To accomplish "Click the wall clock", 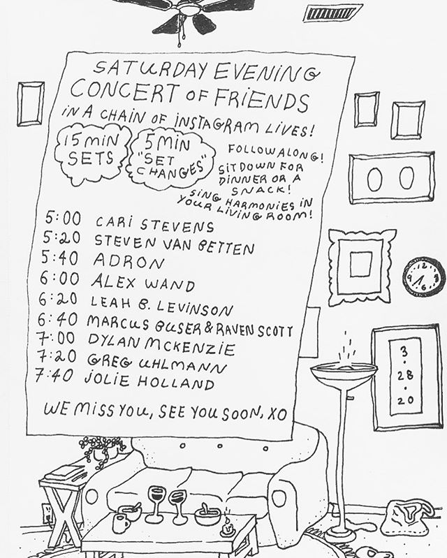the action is pyautogui.click(x=424, y=276).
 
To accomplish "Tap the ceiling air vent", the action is pyautogui.click(x=332, y=13).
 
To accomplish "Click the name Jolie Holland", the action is pyautogui.click(x=149, y=381).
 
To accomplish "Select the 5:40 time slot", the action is pyautogui.click(x=59, y=258).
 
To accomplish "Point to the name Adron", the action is pyautogui.click(x=129, y=263).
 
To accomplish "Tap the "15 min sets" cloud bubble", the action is pyautogui.click(x=91, y=154).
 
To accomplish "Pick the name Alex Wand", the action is pyautogui.click(x=143, y=284).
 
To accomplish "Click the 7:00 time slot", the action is pyautogui.click(x=56, y=338).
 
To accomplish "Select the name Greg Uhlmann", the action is pyautogui.click(x=156, y=363).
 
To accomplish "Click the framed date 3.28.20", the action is pyautogui.click(x=406, y=377).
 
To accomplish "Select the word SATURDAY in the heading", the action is pyautogui.click(x=149, y=69).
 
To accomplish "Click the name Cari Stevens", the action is pyautogui.click(x=155, y=224).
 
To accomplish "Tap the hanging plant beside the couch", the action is pyautogui.click(x=101, y=450).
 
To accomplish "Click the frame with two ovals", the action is pyautogui.click(x=392, y=178).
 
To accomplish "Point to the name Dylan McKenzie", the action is pyautogui.click(x=161, y=344).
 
